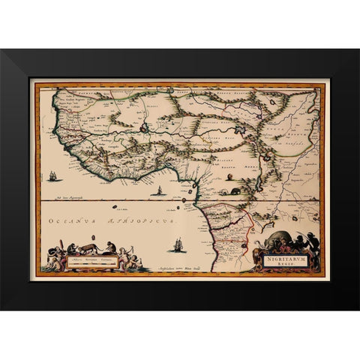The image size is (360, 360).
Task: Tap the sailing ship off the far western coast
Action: pyautogui.click(x=52, y=177)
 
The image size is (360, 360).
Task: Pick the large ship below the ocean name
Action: pyautogui.click(x=178, y=244)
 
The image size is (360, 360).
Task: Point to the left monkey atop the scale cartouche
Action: pyautogui.click(x=68, y=247)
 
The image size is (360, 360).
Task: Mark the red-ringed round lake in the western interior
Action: pyautogui.click(x=143, y=128)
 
